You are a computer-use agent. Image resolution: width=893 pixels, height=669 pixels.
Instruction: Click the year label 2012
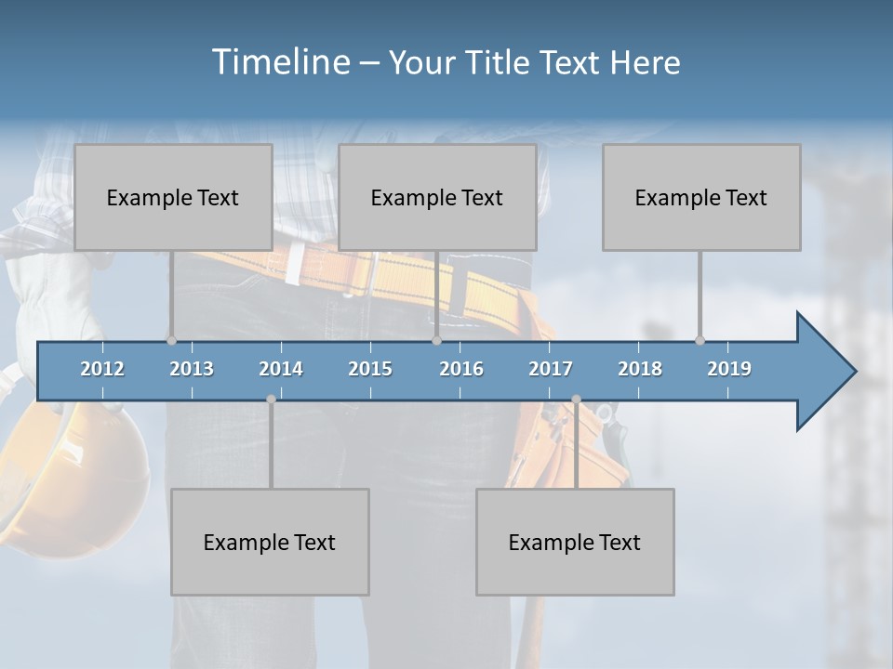point(102,369)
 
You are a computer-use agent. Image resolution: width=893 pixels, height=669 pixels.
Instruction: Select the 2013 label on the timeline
point(192,369)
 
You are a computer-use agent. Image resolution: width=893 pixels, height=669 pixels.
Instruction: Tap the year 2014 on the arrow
point(281,369)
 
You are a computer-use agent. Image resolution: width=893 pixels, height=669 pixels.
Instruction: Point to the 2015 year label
point(370,369)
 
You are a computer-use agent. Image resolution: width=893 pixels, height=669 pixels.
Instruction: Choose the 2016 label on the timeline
point(461,369)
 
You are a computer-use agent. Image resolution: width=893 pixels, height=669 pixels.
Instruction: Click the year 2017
point(551,369)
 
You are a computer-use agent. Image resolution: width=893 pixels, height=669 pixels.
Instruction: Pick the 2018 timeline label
point(640,369)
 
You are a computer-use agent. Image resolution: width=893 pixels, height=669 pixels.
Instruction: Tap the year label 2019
point(729,369)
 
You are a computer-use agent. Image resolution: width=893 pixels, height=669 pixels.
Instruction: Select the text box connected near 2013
point(173,197)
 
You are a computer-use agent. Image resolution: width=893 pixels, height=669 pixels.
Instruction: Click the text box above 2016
point(437,197)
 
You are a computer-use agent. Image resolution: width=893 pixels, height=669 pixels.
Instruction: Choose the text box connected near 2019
point(701,197)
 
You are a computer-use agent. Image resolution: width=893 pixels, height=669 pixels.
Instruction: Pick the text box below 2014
point(270,542)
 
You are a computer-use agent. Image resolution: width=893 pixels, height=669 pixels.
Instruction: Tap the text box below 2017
point(575,542)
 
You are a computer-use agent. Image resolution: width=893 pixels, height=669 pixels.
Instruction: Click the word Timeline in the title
point(279,61)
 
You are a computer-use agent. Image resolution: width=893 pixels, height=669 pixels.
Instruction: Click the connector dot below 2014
point(271,400)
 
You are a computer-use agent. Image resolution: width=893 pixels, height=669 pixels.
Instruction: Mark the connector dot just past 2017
point(576,400)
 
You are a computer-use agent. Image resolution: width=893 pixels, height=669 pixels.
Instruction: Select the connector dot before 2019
point(700,340)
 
